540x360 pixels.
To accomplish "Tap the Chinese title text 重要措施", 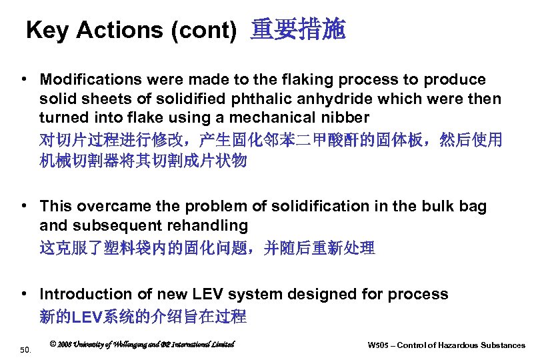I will [298, 30].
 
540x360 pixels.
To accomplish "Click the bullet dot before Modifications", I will [23, 80].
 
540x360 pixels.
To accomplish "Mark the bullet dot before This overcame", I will [23, 207].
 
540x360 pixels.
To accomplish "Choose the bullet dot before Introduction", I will [23, 294].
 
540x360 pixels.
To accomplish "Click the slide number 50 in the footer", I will [25, 349].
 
